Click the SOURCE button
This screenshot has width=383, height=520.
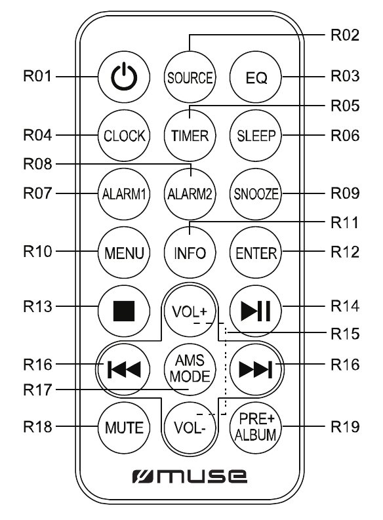click(190, 77)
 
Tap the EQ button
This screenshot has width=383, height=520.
click(256, 77)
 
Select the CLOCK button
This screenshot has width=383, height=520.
click(123, 136)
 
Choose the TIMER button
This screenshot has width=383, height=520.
click(190, 136)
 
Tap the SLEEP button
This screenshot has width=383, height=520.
click(256, 136)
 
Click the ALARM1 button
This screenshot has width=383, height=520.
click(123, 194)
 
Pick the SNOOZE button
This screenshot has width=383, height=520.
click(256, 194)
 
